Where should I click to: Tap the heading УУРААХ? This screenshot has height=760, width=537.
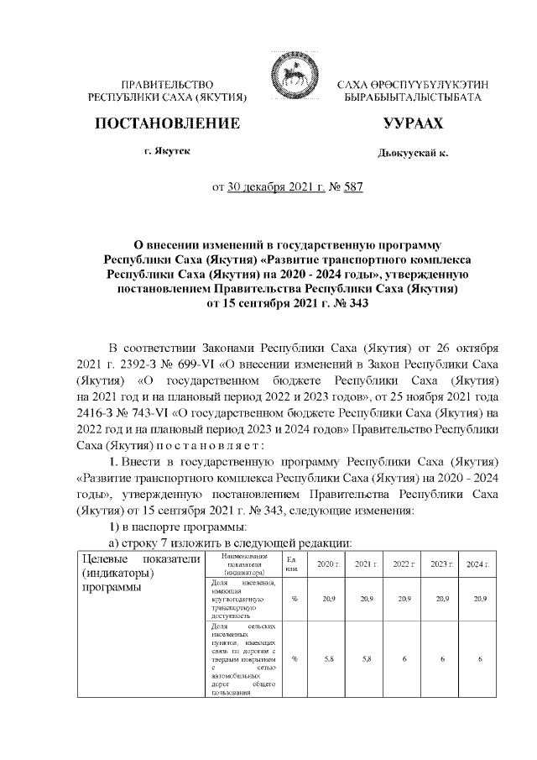click(413, 124)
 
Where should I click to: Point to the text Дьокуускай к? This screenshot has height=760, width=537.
click(414, 154)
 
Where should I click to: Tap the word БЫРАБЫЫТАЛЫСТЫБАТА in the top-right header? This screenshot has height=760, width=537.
click(413, 98)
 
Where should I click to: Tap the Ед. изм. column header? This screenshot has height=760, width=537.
click(294, 563)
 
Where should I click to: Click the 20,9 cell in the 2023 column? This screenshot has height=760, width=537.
click(441, 599)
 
